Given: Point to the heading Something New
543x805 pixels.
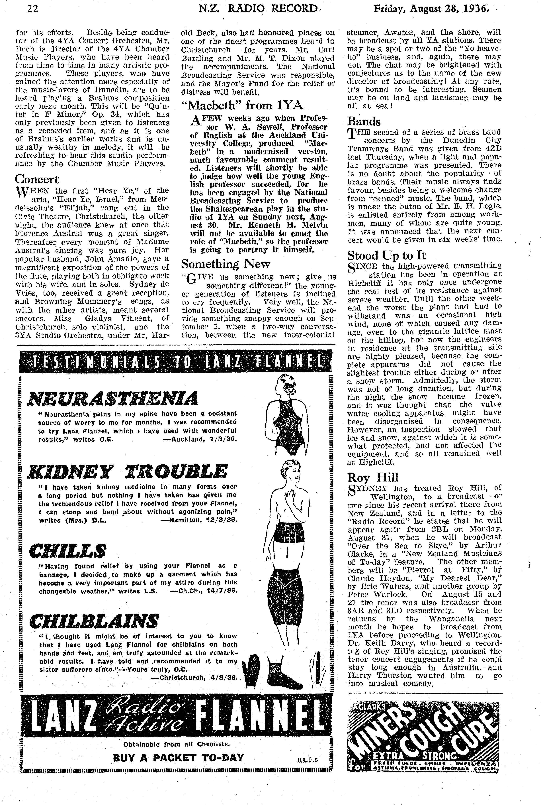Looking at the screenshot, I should click(x=225, y=264).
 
